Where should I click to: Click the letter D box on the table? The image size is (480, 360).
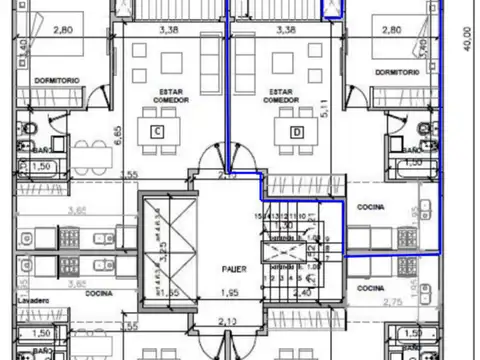click(296, 132)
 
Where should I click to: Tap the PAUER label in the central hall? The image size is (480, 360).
click(233, 268)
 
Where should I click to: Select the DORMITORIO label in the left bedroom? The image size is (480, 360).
click(55, 80)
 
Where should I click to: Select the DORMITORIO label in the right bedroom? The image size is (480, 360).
click(397, 73)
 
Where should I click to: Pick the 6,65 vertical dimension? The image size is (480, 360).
click(118, 136)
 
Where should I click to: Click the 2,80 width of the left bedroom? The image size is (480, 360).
click(62, 31)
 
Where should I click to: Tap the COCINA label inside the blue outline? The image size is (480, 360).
click(372, 206)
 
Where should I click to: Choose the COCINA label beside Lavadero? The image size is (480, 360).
click(97, 294)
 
